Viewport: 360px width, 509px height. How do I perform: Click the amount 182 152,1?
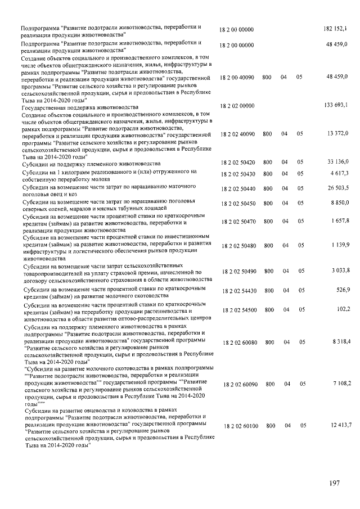pos(336,28)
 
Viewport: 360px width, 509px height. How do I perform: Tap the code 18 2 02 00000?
pos(237,106)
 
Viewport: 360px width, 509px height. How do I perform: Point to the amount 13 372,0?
pos(338,133)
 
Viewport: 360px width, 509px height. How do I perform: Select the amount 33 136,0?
pos(338,162)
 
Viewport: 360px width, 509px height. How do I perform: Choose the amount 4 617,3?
pos(340,173)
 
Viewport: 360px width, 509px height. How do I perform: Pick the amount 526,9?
pos(342,290)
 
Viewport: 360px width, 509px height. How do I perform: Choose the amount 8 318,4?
pos(340,341)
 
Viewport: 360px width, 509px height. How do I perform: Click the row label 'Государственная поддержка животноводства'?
pos(79,106)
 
